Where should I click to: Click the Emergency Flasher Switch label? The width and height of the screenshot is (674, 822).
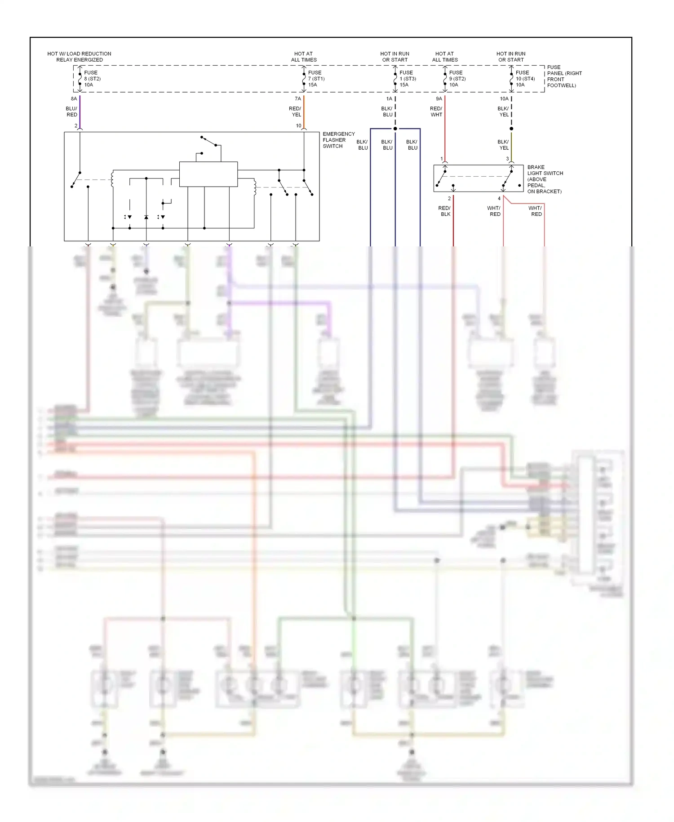click(338, 140)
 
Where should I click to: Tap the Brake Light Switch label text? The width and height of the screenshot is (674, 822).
click(544, 179)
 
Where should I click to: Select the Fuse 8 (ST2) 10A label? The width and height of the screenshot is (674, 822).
click(92, 79)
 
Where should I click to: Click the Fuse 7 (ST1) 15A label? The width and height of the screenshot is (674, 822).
click(316, 79)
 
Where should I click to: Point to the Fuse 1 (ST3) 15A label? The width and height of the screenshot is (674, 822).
click(407, 79)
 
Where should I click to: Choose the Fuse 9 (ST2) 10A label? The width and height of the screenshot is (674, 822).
click(457, 79)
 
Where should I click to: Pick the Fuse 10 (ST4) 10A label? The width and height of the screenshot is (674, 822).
click(525, 79)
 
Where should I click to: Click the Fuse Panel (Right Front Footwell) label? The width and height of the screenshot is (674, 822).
click(564, 76)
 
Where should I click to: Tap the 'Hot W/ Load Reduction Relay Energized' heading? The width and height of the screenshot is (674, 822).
click(79, 57)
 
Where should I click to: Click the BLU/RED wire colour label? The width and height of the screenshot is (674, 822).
click(71, 112)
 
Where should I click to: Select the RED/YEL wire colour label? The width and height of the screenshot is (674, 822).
click(295, 112)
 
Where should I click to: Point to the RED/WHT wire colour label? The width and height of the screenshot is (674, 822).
click(436, 112)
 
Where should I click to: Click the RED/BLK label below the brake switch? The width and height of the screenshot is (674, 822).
click(444, 211)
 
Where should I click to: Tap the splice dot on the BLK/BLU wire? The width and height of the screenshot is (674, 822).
click(395, 129)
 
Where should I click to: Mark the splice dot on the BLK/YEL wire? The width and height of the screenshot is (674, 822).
click(511, 129)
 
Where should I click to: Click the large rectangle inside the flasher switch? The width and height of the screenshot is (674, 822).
click(208, 174)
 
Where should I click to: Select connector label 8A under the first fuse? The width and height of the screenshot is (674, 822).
click(74, 99)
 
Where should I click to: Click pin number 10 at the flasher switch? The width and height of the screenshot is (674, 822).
click(298, 126)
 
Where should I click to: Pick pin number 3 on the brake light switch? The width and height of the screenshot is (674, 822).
click(507, 159)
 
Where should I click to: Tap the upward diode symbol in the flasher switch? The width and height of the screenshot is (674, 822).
click(146, 217)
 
